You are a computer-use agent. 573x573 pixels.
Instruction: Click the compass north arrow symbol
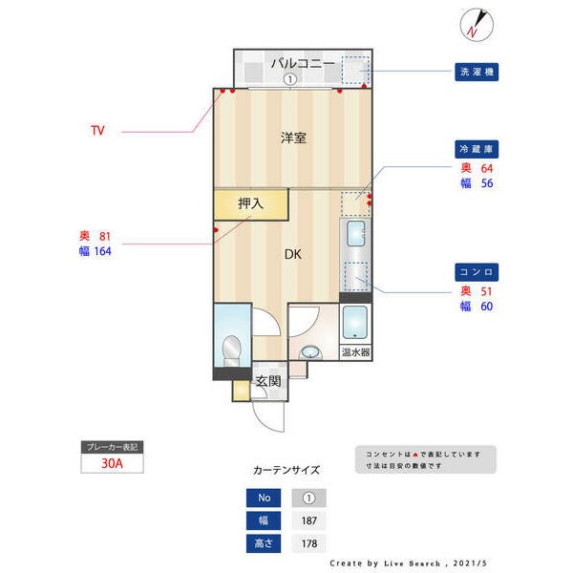476,24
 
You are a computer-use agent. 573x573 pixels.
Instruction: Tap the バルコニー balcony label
302,63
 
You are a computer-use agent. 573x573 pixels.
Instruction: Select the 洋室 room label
293,138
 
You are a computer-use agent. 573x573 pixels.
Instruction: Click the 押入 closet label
250,203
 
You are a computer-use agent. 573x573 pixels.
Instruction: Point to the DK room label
293,255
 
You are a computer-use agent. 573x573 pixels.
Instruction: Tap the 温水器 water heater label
356,351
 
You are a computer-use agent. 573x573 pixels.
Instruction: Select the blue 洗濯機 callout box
477,72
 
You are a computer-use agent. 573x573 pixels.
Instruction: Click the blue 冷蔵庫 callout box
477,150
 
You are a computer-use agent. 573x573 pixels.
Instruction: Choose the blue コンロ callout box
477,272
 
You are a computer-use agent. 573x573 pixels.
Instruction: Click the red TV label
97,130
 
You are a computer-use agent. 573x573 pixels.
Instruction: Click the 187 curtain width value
308,520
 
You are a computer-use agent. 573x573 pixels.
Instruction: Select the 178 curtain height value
308,543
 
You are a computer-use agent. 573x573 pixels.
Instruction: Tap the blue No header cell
263,498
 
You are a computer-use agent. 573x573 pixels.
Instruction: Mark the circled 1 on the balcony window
288,80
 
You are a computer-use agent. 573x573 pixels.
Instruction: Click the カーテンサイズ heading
286,470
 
